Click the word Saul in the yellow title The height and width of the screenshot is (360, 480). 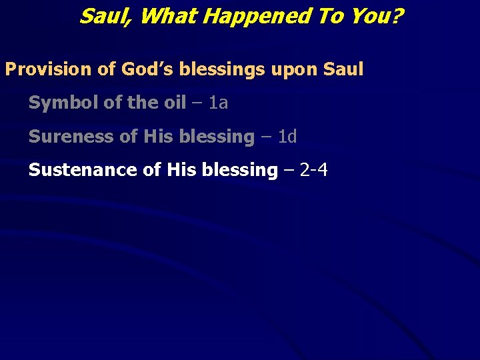tap(105, 16)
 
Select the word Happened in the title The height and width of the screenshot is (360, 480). tap(257, 16)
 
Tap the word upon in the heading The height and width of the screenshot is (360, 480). tap(299, 69)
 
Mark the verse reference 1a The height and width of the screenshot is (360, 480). tap(219, 103)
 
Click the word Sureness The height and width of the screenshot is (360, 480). tap(66, 137)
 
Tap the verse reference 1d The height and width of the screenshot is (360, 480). tap(287, 137)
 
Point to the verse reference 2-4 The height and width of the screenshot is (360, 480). tap(314, 170)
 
